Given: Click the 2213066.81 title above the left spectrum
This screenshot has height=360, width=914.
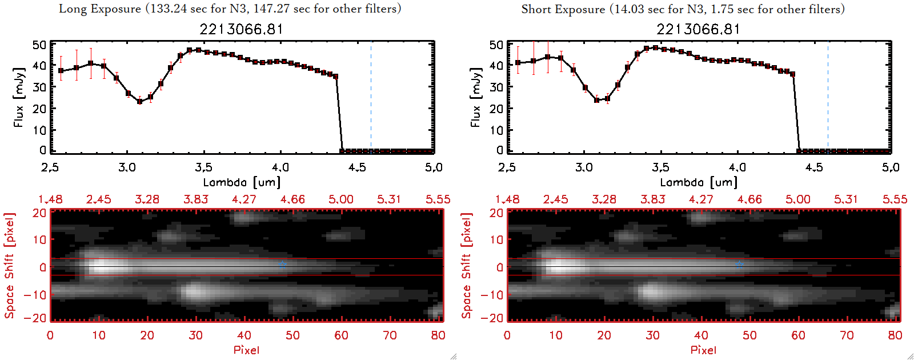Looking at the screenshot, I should [x=241, y=29].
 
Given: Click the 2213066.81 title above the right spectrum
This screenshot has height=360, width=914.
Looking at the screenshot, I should [x=698, y=29].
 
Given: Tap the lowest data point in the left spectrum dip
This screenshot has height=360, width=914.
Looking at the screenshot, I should [x=139, y=102].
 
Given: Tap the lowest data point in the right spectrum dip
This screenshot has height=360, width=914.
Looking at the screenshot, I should [x=597, y=100].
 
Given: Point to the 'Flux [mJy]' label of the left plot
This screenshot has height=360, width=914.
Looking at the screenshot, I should [x=19, y=98].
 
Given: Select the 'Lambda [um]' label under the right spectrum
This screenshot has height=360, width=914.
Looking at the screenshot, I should [x=699, y=182].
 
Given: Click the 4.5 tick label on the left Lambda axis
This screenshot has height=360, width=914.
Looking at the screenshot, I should [x=357, y=167].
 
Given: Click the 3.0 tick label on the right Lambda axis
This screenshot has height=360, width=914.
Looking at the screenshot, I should [x=584, y=167].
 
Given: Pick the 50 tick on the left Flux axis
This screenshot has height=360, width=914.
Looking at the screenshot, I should [x=39, y=45].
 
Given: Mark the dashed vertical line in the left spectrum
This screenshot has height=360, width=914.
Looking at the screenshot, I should [x=371, y=97].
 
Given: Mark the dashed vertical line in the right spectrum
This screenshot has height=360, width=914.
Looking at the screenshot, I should [x=828, y=97].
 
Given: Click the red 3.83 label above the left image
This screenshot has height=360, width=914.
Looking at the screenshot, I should [x=195, y=199].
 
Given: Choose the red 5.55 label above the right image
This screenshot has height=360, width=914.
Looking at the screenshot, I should [x=895, y=199].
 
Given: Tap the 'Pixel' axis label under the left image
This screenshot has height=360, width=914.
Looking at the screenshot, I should [x=246, y=350].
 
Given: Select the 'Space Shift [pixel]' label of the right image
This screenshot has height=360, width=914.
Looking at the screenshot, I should [x=467, y=266].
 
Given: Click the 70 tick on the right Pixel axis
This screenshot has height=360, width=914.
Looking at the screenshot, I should [x=847, y=335].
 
